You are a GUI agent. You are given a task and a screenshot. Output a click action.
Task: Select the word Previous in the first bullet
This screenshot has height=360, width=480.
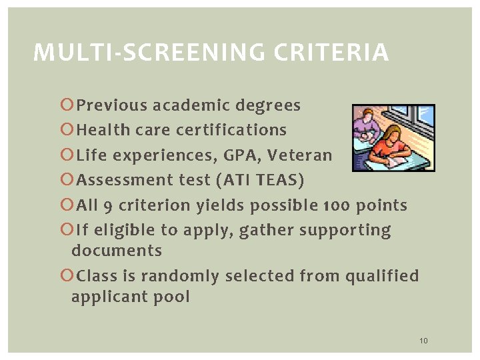[x=111, y=105]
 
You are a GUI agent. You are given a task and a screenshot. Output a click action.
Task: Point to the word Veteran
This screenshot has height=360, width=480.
[x=300, y=155]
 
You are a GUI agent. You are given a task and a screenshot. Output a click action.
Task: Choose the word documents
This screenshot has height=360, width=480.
[x=117, y=251]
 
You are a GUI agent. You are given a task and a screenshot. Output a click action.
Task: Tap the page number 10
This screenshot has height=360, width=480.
[x=423, y=341]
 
